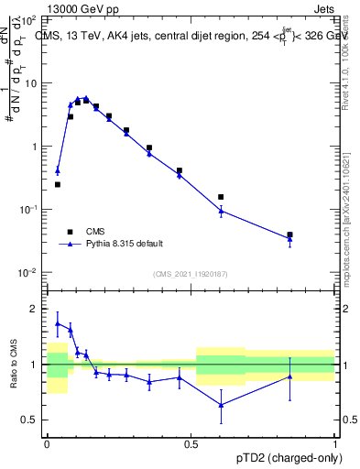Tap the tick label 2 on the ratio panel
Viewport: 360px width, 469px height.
35,310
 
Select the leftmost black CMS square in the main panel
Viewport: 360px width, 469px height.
58,184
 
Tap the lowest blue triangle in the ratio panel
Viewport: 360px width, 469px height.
221,405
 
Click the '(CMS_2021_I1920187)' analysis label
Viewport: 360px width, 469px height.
191,274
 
